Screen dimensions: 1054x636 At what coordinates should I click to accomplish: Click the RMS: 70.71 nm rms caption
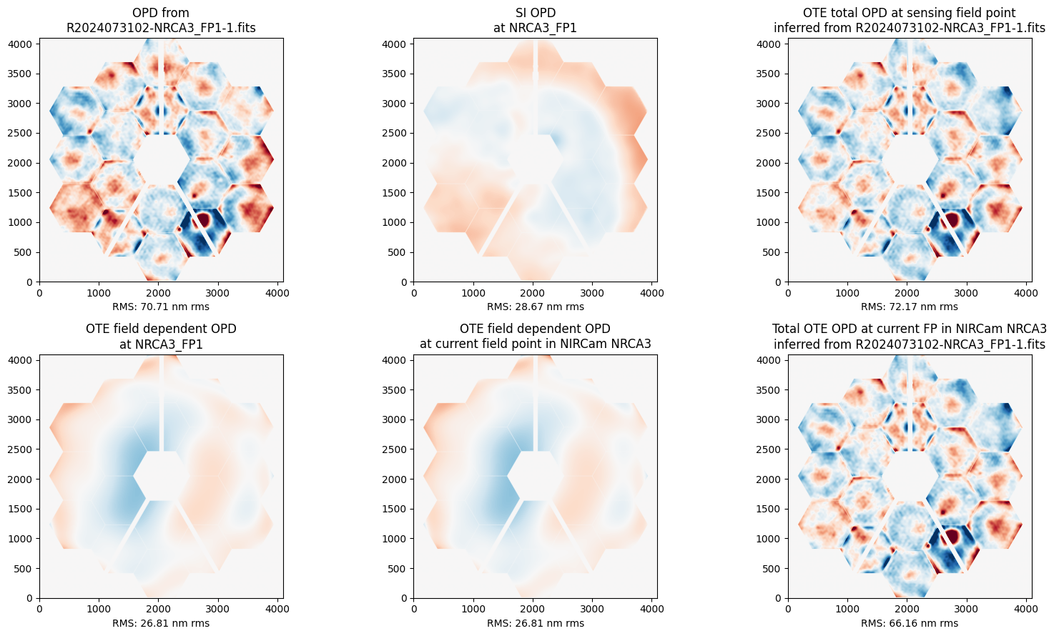[x=161, y=307]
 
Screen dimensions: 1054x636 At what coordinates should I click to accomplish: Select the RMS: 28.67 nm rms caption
[x=536, y=307]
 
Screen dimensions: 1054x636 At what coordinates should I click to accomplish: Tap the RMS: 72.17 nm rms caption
[x=910, y=307]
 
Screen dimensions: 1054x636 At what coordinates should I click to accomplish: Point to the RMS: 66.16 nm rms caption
[x=910, y=623]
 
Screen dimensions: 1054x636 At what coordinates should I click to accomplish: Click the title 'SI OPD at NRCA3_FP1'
[x=536, y=20]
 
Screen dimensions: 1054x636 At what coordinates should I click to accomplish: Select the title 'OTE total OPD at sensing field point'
[x=910, y=13]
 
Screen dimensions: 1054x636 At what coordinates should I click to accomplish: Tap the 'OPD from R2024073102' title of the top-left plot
[x=161, y=20]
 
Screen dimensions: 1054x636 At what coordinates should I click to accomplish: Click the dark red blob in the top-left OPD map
[x=203, y=219]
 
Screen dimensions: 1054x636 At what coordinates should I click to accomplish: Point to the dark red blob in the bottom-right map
[x=952, y=536]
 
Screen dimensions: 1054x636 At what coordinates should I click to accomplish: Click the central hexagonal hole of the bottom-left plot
[x=161, y=476]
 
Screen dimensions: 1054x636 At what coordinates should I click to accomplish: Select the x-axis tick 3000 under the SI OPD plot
[x=592, y=293]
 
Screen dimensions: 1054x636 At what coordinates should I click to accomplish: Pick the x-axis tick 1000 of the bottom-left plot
[x=99, y=610]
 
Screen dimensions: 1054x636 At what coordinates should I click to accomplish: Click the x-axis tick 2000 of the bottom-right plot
[x=907, y=610]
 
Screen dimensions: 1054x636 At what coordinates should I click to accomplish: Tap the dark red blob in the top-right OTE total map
[x=952, y=219]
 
